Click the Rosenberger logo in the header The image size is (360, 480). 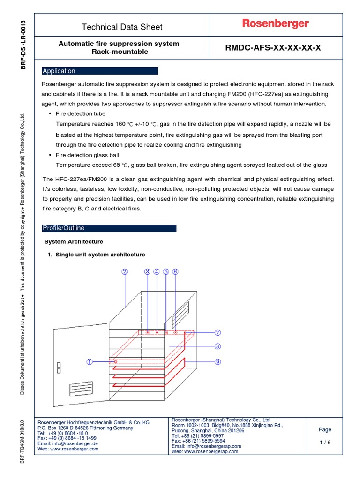[x=275, y=23]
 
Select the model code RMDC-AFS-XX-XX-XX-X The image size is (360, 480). [x=274, y=47]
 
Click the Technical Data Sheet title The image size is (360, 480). [x=122, y=27]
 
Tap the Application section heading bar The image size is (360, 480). [x=100, y=71]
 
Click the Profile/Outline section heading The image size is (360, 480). [x=109, y=228]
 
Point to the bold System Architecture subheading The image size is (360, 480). [x=74, y=242]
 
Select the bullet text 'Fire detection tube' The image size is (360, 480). [x=81, y=114]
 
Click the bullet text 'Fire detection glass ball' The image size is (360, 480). [x=87, y=155]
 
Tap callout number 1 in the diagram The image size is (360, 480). [x=90, y=361]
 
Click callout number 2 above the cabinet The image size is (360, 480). [x=125, y=271]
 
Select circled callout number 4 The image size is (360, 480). [x=157, y=271]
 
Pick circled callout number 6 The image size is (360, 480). [x=175, y=271]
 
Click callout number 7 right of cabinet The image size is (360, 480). [x=217, y=332]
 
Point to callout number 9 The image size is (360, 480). [x=217, y=361]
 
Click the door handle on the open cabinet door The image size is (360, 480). [x=59, y=367]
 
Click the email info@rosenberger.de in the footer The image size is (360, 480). [x=67, y=443]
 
